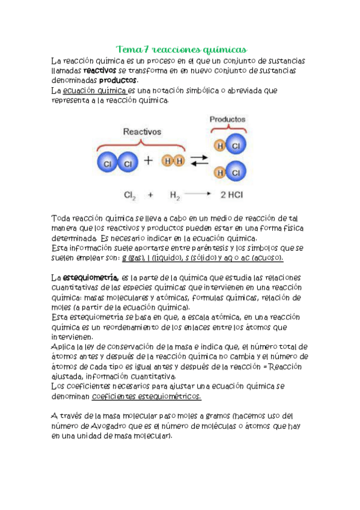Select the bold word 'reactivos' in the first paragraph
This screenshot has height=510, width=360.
click(99, 70)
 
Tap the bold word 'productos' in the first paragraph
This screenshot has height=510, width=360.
click(118, 80)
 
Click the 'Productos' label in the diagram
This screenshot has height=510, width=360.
click(227, 118)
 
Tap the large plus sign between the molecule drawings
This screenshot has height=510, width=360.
click(147, 161)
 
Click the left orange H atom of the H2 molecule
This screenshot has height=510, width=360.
click(166, 161)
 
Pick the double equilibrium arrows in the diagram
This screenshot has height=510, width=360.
click(199, 161)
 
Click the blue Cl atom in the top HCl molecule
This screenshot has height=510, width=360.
click(236, 146)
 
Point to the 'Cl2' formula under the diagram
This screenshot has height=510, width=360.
click(130, 195)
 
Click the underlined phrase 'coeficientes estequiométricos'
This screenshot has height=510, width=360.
click(147, 397)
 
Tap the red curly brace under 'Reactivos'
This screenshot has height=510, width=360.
click(142, 143)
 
